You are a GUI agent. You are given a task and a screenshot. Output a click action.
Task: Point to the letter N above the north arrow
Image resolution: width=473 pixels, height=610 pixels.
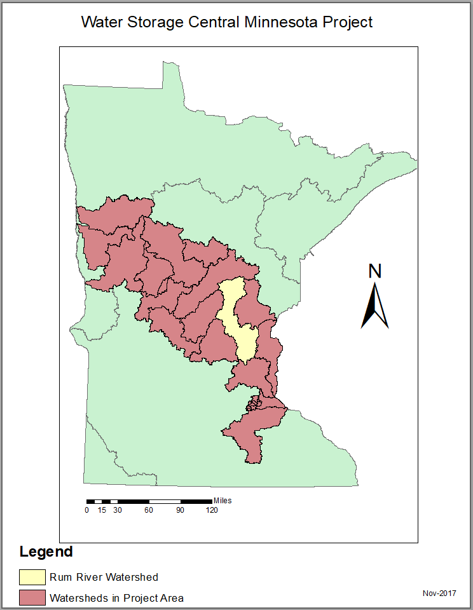tap(375, 271)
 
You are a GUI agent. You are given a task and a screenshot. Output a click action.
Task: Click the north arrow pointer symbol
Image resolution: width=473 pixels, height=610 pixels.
tap(375, 306)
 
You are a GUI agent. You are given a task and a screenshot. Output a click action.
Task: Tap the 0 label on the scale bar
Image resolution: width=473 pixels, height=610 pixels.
tap(87, 510)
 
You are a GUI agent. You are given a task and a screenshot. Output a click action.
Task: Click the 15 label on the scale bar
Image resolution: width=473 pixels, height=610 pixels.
tap(102, 510)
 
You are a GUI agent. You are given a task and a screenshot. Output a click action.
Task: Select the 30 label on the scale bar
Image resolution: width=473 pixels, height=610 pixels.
tap(116, 510)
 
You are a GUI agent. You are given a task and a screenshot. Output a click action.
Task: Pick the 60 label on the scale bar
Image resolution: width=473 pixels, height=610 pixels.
tap(148, 510)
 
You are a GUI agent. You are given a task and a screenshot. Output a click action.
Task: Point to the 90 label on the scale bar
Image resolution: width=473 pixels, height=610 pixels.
tap(180, 510)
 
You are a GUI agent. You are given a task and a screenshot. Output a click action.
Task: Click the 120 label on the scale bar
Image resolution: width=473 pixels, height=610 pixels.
tap(211, 510)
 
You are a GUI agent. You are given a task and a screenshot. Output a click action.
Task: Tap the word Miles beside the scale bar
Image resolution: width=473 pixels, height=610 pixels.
tap(223, 501)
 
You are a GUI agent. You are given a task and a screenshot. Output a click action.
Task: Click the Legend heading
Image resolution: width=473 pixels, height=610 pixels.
tap(46, 552)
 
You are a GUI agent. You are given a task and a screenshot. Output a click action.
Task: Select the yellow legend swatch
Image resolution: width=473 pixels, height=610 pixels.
tap(32, 577)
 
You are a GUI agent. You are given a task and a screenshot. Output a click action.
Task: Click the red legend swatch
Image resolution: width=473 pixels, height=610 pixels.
tap(32, 597)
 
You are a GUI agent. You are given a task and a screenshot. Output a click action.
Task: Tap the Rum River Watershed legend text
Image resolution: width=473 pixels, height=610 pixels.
tap(104, 577)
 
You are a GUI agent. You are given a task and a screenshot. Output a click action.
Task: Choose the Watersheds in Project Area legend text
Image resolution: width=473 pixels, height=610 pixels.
tap(116, 597)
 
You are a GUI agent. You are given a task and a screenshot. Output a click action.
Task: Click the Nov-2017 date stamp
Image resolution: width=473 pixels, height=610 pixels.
tap(439, 593)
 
